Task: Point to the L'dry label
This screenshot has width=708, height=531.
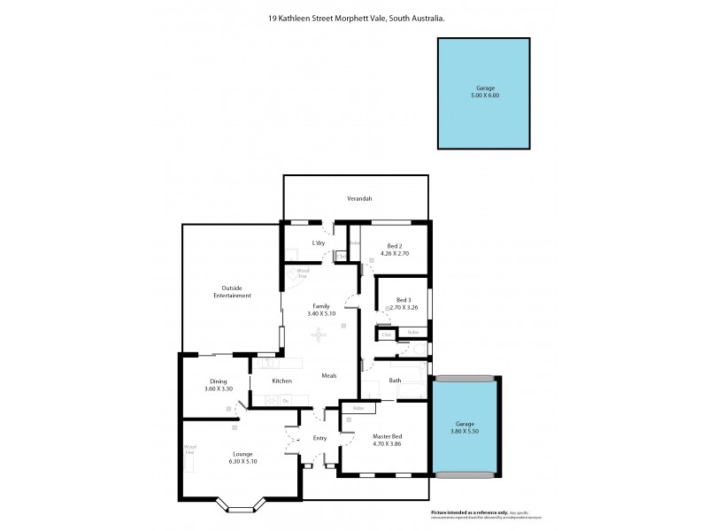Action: point(319,242)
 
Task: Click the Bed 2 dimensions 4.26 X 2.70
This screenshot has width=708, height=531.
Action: point(395,252)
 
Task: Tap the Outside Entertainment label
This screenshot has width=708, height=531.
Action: point(233,291)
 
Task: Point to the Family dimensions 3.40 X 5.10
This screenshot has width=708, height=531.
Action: point(320,314)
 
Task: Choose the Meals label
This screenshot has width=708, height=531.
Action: point(329,375)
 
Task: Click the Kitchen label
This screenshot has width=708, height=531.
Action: point(282,381)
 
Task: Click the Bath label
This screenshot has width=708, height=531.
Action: point(395,381)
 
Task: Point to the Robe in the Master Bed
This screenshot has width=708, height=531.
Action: point(358,408)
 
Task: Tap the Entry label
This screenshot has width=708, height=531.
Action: point(319,438)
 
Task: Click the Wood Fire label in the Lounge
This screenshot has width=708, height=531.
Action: point(190,450)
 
